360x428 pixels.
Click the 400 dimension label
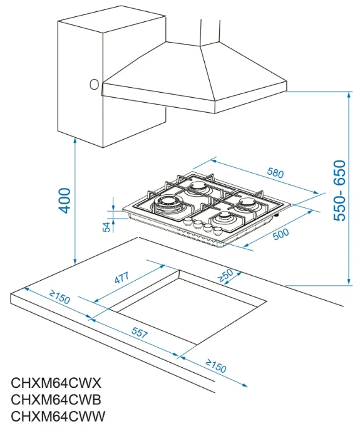(65, 201)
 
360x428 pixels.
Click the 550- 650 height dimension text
(339, 191)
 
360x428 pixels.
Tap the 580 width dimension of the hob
(275, 173)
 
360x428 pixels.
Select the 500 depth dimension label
(281, 234)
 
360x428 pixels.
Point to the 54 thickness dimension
(106, 227)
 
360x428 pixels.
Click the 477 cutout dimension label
(121, 278)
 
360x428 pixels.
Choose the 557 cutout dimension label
(140, 333)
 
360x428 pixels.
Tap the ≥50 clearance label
(225, 275)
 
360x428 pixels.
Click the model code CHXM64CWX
(56, 383)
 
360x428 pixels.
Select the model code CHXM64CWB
(56, 400)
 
